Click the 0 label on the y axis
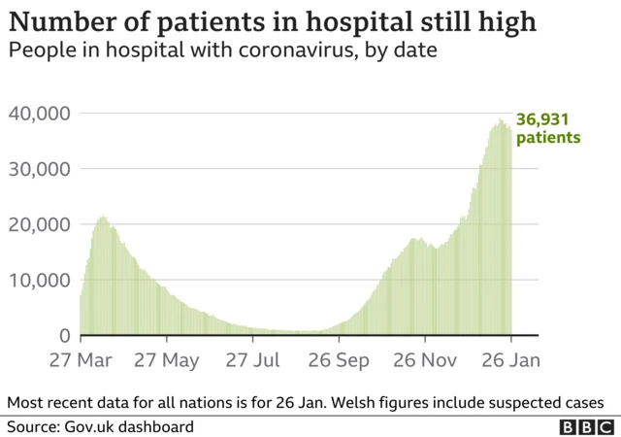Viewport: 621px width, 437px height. [x=64, y=336]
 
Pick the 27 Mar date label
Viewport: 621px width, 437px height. [x=81, y=360]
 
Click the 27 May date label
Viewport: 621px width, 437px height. [x=167, y=360]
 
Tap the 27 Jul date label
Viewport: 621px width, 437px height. [x=252, y=360]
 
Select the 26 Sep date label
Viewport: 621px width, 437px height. [x=339, y=360]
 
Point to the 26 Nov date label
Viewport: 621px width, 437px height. [x=425, y=360]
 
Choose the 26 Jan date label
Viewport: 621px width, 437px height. [x=509, y=360]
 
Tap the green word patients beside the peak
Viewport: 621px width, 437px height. [x=548, y=138]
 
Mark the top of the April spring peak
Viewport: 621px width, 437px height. [x=103, y=216]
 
